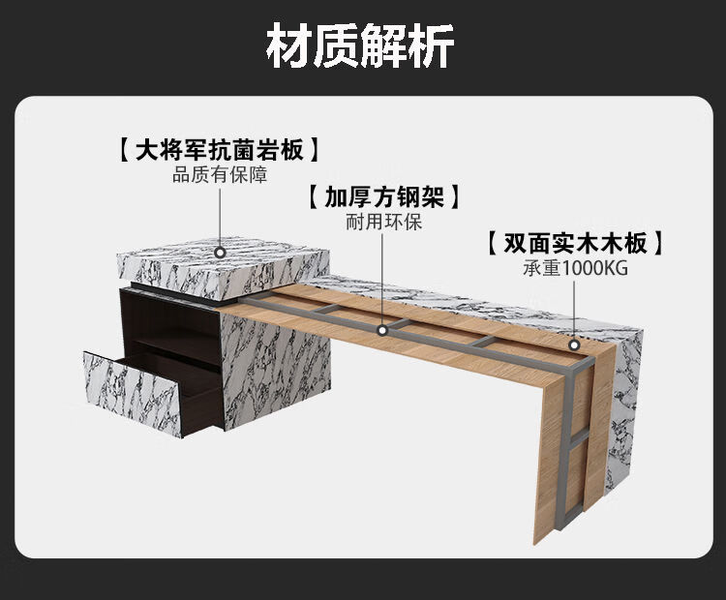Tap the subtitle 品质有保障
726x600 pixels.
pyautogui.click(x=220, y=175)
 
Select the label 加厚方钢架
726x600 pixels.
pyautogui.click(x=383, y=197)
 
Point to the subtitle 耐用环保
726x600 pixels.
pyautogui.click(x=383, y=222)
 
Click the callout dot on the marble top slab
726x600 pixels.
pyautogui.click(x=221, y=251)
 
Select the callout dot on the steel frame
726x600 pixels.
pyautogui.click(x=383, y=329)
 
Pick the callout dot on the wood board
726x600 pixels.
pyautogui.click(x=574, y=343)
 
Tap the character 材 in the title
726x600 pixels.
pyautogui.click(x=288, y=46)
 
